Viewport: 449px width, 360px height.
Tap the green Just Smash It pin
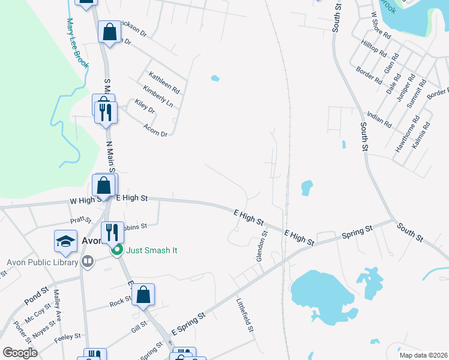(118, 250)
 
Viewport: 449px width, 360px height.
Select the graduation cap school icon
(65, 241)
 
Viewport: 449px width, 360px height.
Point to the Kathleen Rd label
(164, 83)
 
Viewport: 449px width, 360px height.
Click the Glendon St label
(261, 247)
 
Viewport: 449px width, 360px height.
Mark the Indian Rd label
(379, 118)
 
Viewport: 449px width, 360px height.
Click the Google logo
(20, 353)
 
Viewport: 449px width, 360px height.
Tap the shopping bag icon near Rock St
(143, 295)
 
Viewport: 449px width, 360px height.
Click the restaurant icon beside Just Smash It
(112, 232)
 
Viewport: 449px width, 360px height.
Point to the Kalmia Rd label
(421, 137)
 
